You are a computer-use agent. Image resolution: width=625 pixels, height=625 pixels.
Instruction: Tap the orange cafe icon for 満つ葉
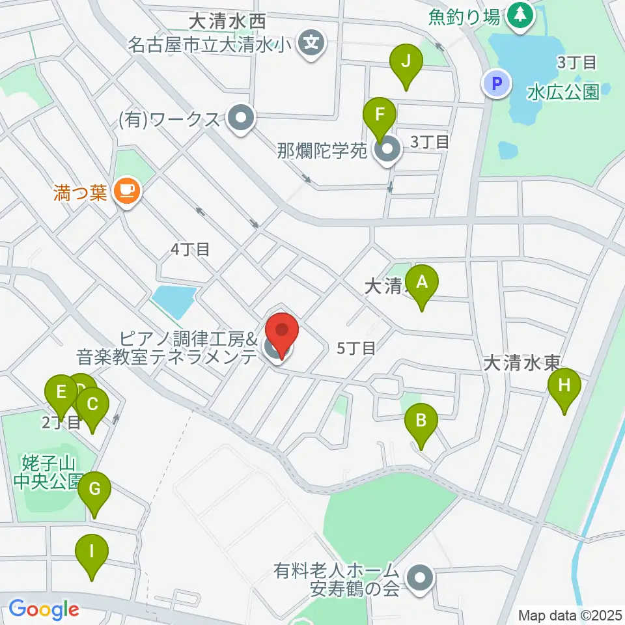(126, 190)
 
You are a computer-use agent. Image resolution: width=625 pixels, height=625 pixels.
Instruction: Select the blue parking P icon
(496, 83)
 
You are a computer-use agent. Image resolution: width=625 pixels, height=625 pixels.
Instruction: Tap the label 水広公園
(563, 92)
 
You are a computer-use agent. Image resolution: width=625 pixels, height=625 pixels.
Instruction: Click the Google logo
(44, 609)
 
